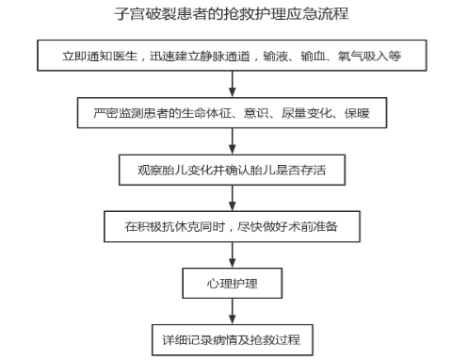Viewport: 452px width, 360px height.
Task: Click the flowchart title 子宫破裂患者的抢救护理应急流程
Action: click(x=232, y=14)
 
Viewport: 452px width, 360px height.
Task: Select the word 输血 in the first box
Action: click(x=313, y=57)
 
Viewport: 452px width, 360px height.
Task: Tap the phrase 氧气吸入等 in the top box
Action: click(x=369, y=57)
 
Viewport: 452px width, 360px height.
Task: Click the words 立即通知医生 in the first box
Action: click(x=100, y=57)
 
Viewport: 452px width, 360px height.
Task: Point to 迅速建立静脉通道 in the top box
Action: click(x=200, y=57)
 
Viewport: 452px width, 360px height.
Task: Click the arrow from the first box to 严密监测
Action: click(x=233, y=84)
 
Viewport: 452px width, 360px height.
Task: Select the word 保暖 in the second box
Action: click(x=357, y=113)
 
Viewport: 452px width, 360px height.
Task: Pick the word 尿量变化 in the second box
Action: click(x=306, y=113)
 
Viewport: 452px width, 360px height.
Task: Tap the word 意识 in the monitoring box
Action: click(x=256, y=113)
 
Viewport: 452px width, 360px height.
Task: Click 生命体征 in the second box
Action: click(x=206, y=113)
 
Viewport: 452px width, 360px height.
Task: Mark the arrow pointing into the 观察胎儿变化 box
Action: click(x=233, y=141)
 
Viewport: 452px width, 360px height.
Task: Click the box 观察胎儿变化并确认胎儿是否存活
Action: click(x=232, y=170)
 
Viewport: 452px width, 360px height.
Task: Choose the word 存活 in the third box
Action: click(x=314, y=170)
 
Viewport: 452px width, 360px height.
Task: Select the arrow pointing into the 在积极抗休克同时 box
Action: click(x=233, y=198)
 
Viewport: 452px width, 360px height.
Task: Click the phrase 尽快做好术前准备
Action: click(x=287, y=226)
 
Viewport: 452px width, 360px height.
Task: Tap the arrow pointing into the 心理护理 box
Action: click(x=233, y=254)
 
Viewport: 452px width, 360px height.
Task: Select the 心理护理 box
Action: click(x=233, y=283)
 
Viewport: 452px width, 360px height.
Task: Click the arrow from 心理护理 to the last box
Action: click(x=233, y=311)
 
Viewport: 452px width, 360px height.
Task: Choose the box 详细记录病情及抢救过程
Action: click(x=233, y=340)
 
